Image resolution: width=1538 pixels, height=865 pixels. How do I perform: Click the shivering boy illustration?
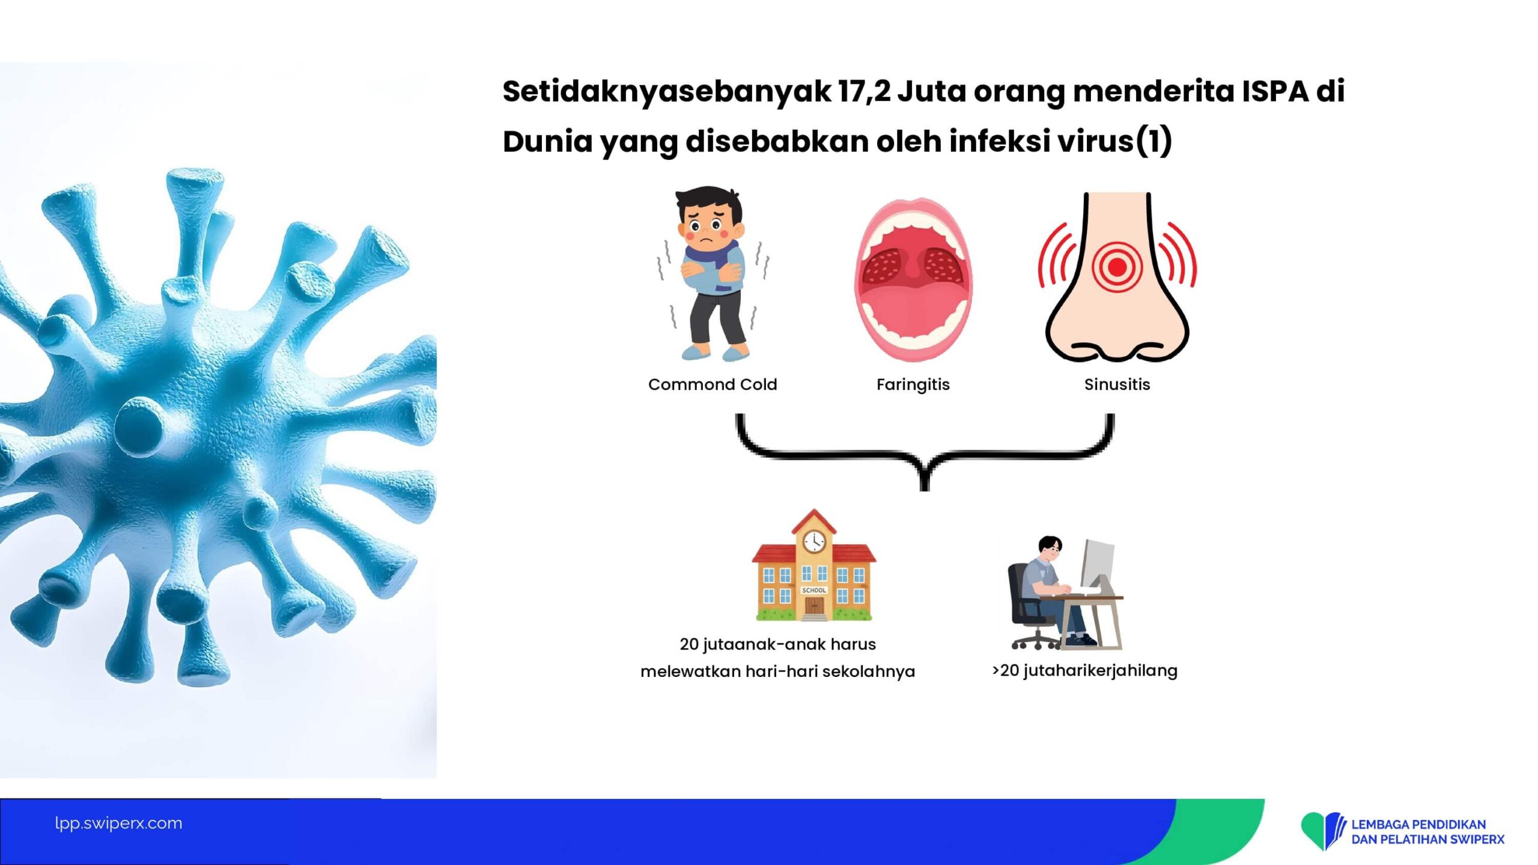click(x=713, y=273)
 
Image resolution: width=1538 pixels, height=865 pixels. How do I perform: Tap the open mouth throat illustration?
click(x=913, y=279)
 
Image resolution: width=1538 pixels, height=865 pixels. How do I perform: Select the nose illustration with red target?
click(x=1117, y=277)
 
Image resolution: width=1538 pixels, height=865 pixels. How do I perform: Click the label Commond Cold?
click(x=713, y=384)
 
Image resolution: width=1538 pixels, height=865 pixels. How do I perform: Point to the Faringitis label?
click(x=913, y=385)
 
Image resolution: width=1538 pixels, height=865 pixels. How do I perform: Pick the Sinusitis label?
click(x=1117, y=384)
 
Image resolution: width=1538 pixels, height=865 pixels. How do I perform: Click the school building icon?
click(x=814, y=565)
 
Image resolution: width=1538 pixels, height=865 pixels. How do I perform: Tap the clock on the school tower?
click(x=814, y=541)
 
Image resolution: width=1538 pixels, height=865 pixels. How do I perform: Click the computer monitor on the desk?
click(x=1097, y=565)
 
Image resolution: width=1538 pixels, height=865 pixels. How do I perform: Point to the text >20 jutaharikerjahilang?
click(x=1085, y=671)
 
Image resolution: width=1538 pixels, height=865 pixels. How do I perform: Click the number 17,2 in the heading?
click(x=865, y=92)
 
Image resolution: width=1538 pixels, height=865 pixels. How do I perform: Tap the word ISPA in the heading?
click(x=1275, y=91)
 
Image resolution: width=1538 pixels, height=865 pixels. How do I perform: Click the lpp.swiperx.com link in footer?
click(x=118, y=824)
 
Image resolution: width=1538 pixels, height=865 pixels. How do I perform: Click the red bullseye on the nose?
click(x=1117, y=267)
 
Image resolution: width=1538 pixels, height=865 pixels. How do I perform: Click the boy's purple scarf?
click(x=712, y=255)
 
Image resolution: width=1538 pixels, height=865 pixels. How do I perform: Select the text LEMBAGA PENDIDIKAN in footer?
click(x=1418, y=825)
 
